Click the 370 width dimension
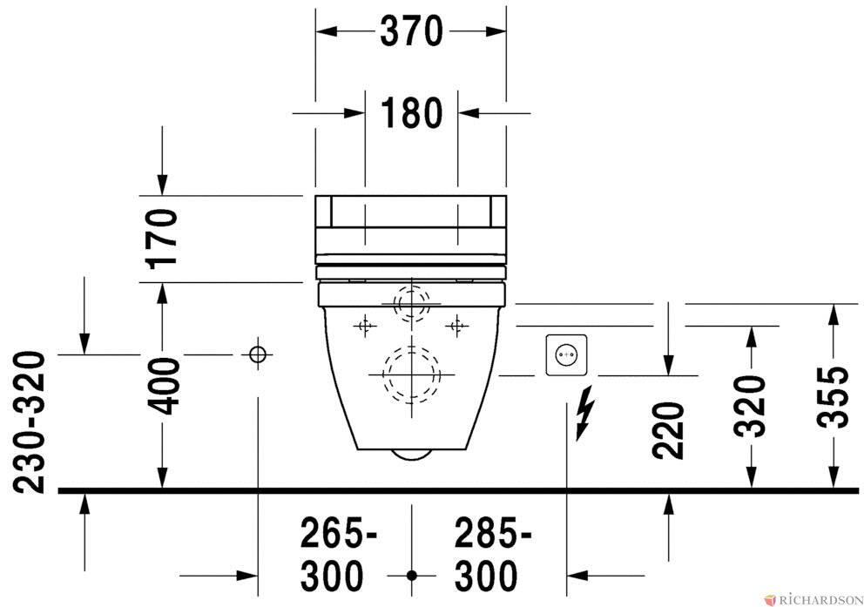click(411, 31)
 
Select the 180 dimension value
click(411, 113)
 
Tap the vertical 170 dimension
click(163, 238)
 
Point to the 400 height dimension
click(163, 386)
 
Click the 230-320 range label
click(28, 422)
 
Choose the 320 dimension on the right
click(750, 407)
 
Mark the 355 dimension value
click(833, 396)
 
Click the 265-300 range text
click(338, 555)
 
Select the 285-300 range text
click(493, 555)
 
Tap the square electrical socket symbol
click(566, 355)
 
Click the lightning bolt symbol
click(585, 413)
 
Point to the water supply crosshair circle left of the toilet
click(257, 354)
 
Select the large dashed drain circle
click(412, 374)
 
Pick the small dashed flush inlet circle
click(412, 303)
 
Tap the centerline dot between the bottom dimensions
click(412, 576)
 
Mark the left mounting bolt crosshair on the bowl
click(364, 326)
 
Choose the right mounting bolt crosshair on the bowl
click(456, 326)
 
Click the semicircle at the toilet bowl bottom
click(412, 455)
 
